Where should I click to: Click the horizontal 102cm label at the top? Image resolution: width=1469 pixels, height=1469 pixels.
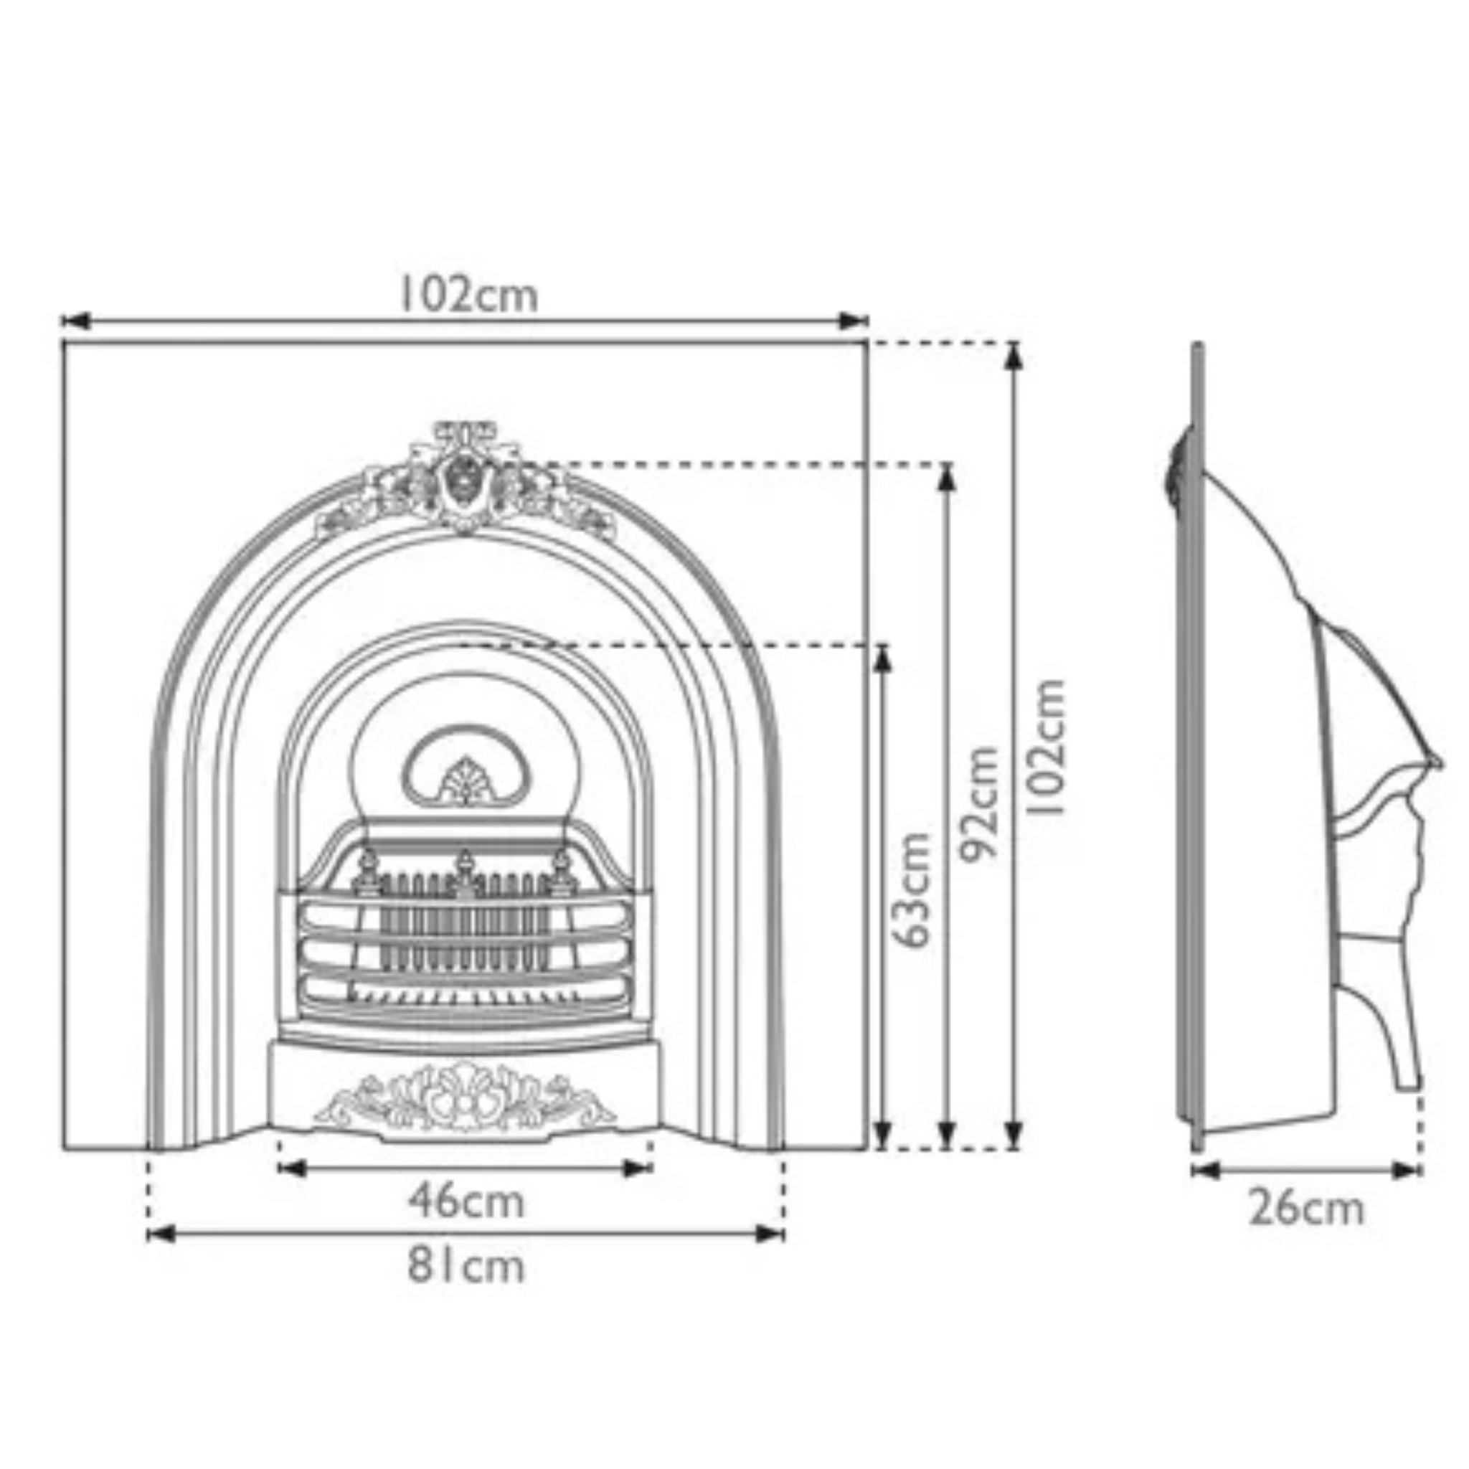pos(468,295)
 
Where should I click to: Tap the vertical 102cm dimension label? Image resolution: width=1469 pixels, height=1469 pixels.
pos(1047,747)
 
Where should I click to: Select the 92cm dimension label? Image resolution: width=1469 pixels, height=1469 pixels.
pos(978,803)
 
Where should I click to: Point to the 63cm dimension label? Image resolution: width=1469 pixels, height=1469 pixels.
pos(911,889)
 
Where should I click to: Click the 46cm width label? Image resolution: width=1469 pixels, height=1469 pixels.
pos(466,1201)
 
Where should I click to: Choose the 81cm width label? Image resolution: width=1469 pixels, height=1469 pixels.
pos(466,1267)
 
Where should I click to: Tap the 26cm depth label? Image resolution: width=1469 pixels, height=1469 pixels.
pos(1306,1209)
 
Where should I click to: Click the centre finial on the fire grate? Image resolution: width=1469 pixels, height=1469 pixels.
pos(464,863)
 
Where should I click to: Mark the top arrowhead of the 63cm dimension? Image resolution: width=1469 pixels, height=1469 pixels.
pos(882,658)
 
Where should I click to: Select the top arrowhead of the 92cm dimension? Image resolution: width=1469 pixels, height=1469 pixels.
pos(946,478)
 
